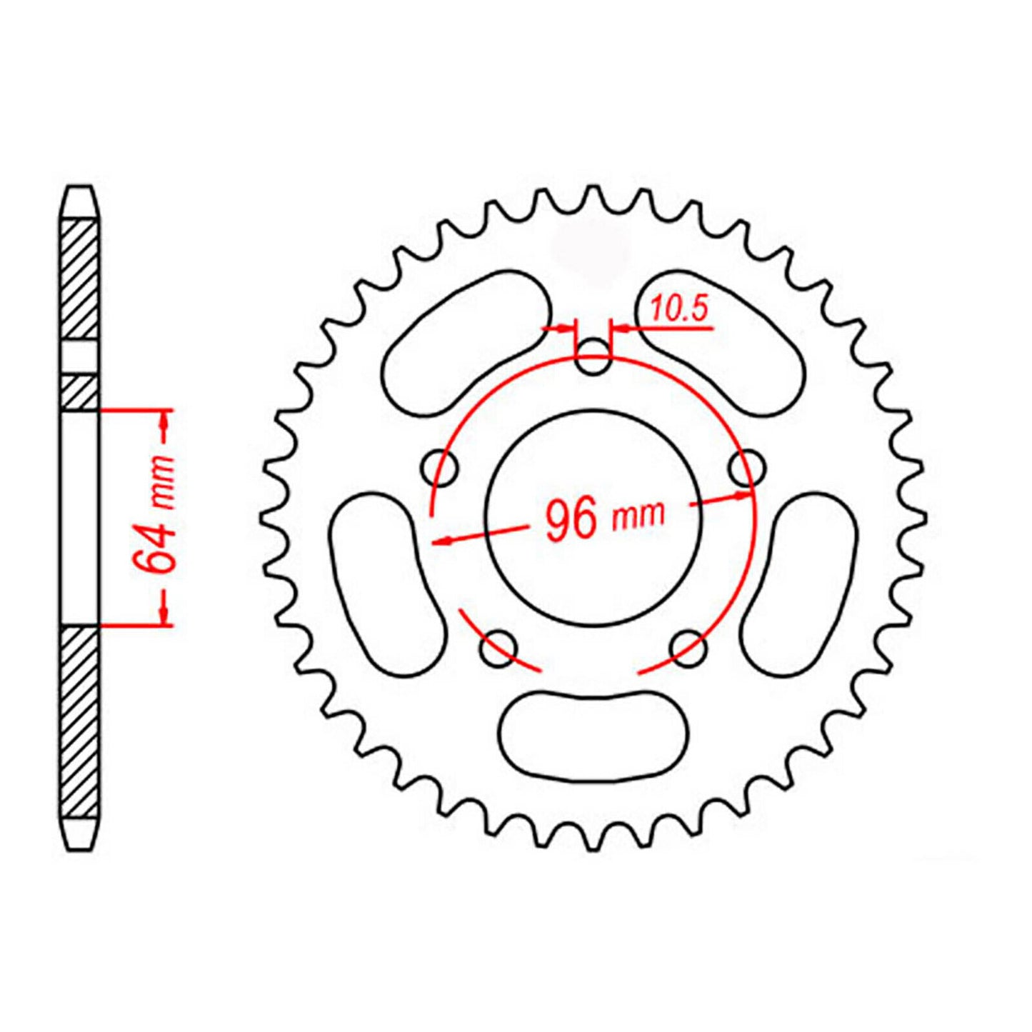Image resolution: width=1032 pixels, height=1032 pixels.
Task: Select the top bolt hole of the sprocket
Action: [593, 357]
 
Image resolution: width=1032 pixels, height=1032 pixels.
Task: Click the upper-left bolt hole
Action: [440, 469]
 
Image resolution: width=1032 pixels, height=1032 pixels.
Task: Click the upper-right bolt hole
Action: [748, 469]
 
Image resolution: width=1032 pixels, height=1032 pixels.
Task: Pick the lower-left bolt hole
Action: [499, 648]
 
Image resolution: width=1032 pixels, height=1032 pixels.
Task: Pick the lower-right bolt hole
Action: [689, 648]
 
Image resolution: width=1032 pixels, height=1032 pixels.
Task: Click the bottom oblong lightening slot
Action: [594, 736]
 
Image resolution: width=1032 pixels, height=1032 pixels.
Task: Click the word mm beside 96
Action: [638, 514]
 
